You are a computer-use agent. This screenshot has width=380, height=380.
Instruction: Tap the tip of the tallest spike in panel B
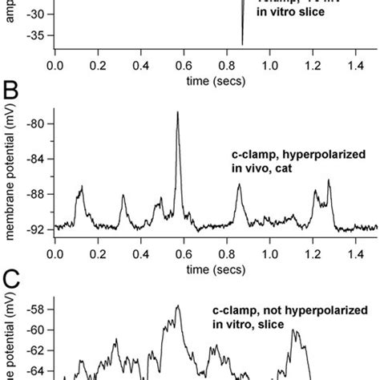[x=177, y=112]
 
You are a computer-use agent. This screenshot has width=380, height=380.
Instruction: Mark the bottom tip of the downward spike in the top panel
[x=242, y=45]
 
